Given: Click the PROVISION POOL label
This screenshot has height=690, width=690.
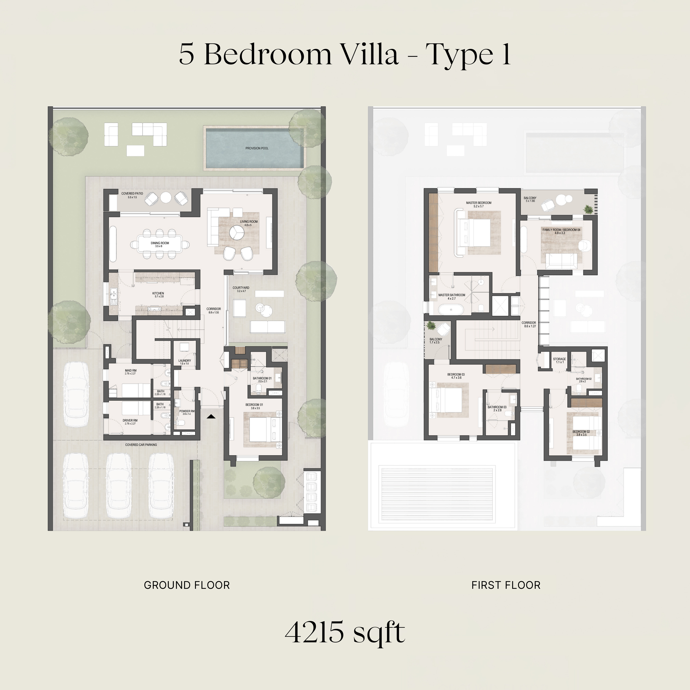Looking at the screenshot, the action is [257, 148].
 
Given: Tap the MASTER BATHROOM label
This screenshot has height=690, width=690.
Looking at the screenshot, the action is [452, 295].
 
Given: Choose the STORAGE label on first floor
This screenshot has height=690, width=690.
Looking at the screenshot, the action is [559, 359].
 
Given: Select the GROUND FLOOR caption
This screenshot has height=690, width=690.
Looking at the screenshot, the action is [187, 585].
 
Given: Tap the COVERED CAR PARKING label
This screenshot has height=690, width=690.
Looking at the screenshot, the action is [141, 445].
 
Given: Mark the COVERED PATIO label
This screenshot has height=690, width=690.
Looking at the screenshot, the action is [132, 194].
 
